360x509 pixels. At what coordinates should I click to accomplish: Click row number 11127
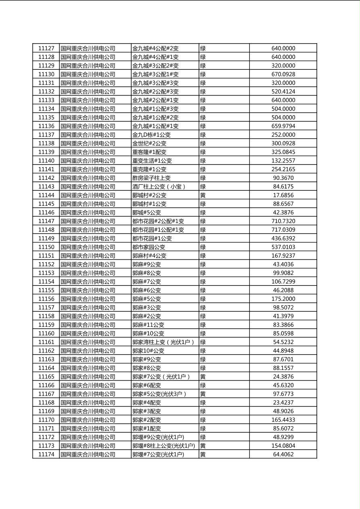(x=46, y=48)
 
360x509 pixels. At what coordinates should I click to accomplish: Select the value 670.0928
(x=283, y=74)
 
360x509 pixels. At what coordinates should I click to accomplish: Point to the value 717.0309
(x=283, y=230)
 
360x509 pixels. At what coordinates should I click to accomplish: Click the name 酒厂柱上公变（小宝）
(x=159, y=187)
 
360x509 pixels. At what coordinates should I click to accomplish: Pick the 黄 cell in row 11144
(x=203, y=195)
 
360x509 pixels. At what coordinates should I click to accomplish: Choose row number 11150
(x=46, y=247)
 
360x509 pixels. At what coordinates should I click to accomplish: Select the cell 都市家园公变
(x=149, y=247)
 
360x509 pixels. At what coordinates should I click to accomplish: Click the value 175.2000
(x=283, y=299)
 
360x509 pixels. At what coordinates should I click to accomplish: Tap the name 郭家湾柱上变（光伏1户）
(x=163, y=342)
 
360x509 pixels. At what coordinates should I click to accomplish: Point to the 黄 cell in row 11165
(x=203, y=377)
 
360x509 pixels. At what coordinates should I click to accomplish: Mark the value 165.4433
(x=283, y=420)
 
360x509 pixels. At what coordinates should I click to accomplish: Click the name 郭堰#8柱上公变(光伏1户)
(x=163, y=446)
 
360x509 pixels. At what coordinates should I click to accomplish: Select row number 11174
(x=46, y=455)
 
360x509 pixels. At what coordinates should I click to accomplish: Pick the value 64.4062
(x=283, y=455)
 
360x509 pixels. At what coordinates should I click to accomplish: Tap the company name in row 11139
(x=88, y=152)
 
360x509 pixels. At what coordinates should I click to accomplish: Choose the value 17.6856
(x=283, y=195)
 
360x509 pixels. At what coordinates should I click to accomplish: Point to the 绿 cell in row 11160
(x=203, y=334)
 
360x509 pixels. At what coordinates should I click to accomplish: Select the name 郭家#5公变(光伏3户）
(x=159, y=394)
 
